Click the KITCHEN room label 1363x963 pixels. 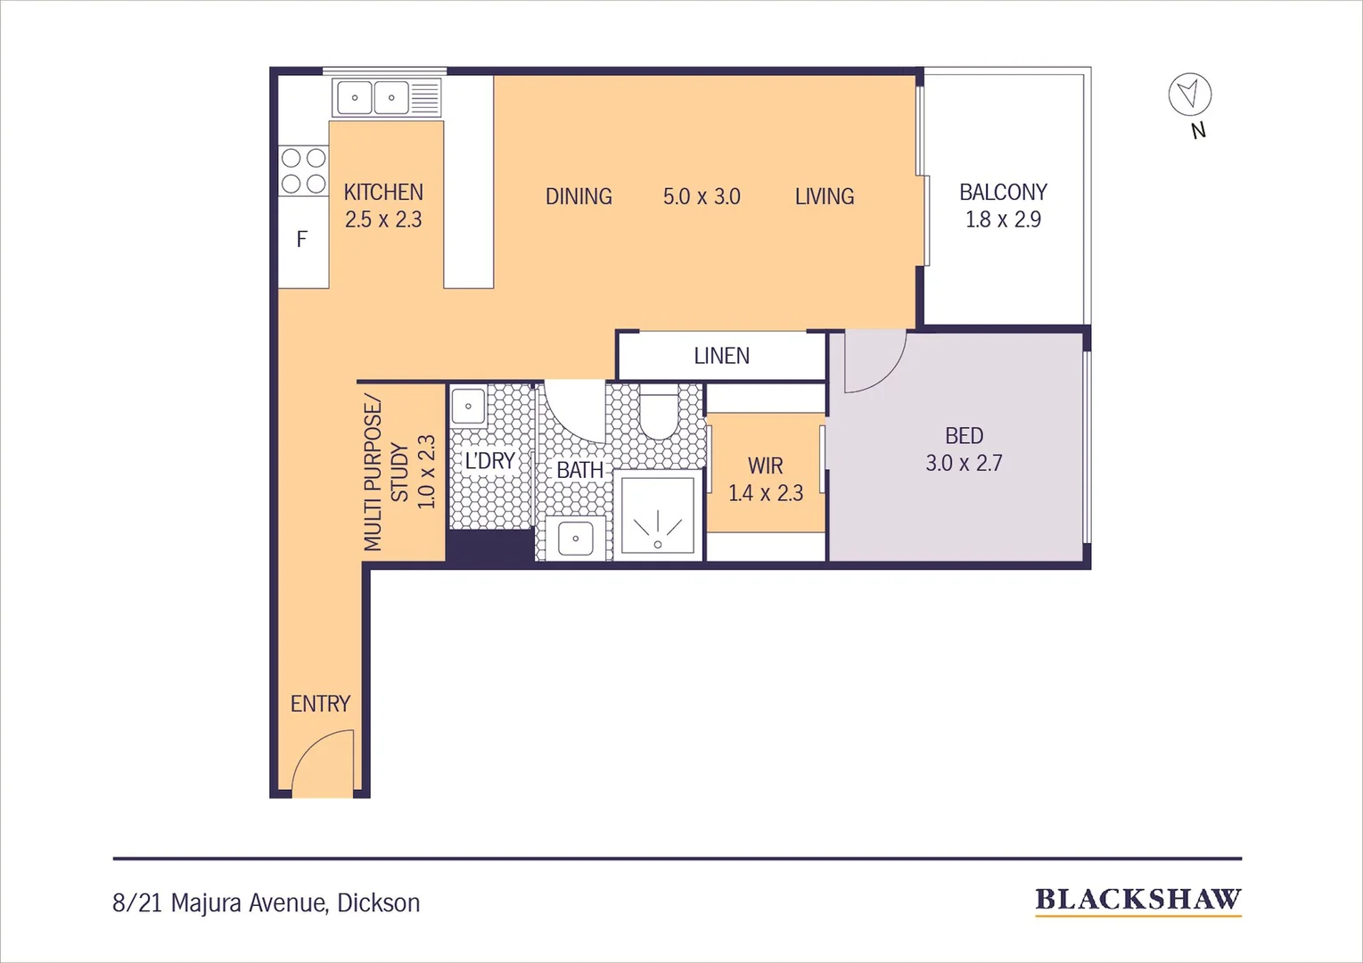coord(383,193)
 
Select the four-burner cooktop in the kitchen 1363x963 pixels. coord(303,171)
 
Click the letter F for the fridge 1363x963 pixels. coord(302,239)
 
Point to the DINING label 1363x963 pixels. coord(579,197)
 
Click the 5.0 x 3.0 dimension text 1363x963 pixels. coord(702,197)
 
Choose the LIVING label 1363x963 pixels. coord(825,197)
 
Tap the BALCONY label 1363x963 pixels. coord(1003,193)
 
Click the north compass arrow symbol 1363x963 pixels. coord(1189,94)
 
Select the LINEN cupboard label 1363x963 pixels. coord(721,356)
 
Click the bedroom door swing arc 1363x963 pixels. coord(883,370)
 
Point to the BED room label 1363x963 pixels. coord(964,436)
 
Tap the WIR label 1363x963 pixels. coord(765,466)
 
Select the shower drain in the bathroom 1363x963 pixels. coord(658,544)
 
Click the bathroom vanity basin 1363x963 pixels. coord(575,539)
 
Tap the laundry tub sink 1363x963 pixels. coord(468,407)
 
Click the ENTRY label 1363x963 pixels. coord(320,704)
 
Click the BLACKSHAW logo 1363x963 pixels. coord(1137,900)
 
